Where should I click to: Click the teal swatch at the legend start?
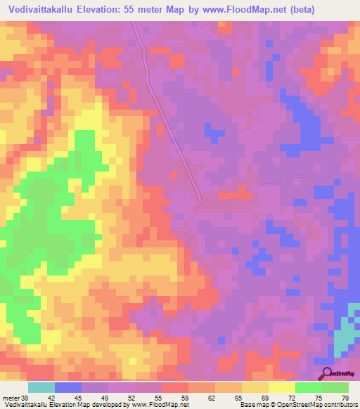click(41, 387)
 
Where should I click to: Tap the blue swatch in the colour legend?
click(68, 387)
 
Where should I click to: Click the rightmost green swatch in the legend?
click(335, 387)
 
